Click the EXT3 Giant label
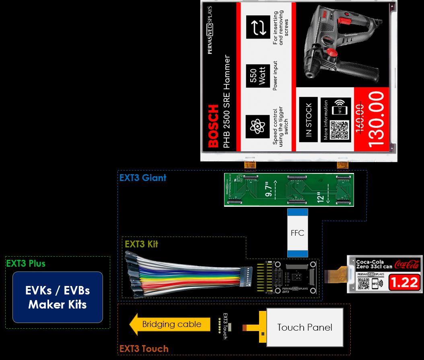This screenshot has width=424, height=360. [x=143, y=177]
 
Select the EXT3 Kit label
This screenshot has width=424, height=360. [x=141, y=244]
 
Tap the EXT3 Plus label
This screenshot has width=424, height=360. [x=25, y=264]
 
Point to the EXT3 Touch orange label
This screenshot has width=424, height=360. [x=144, y=348]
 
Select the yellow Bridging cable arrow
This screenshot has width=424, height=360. [x=171, y=324]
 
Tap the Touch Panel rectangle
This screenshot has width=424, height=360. [x=305, y=327]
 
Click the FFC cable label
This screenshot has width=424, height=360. [x=297, y=233]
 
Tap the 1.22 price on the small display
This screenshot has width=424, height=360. [x=404, y=282]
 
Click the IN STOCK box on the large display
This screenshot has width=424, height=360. [x=308, y=120]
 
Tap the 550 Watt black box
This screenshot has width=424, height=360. [x=258, y=75]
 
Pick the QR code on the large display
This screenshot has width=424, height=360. [x=339, y=129]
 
